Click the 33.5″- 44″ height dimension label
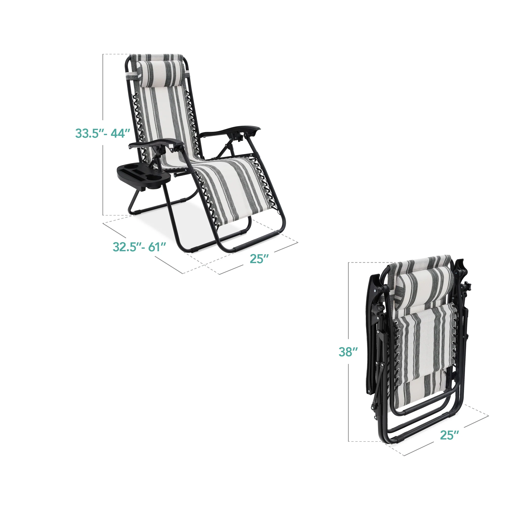[x=102, y=133]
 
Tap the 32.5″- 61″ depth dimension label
[x=139, y=247]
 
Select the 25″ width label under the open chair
[x=259, y=259]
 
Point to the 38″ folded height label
[x=348, y=352]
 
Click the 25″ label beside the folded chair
[x=449, y=435]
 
